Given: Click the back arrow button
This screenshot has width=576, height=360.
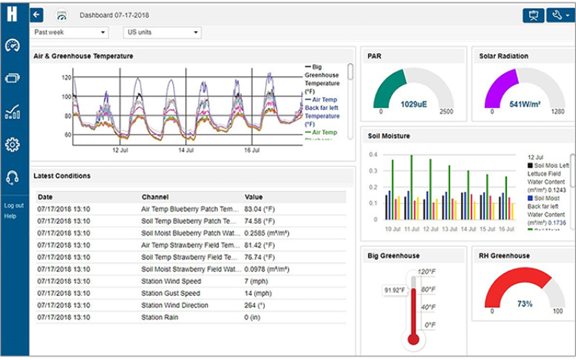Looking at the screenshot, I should (x=37, y=14).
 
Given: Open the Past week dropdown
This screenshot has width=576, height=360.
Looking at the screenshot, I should (x=71, y=32).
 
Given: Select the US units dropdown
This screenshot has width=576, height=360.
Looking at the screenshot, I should (x=162, y=32).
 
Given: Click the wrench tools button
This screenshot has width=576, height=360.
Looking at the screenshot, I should (x=559, y=15).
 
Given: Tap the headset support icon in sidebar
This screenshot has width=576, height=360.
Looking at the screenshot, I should (x=12, y=177).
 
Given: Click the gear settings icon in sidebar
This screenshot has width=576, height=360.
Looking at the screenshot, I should (x=12, y=145).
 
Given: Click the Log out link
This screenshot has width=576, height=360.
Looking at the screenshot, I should (x=14, y=205).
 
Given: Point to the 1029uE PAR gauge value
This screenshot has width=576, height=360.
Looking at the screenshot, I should (x=413, y=104).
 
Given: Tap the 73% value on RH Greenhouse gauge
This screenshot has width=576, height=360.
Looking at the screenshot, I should (x=525, y=304).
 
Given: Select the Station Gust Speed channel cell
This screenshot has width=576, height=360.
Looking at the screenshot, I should (x=172, y=293).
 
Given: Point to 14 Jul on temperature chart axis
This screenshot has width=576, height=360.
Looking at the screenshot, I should (x=186, y=150).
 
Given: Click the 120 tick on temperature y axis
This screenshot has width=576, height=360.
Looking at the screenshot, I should (x=67, y=77).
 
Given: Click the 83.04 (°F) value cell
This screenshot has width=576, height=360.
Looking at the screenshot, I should (x=261, y=209).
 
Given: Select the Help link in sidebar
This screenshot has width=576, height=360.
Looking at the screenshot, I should (x=10, y=215).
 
